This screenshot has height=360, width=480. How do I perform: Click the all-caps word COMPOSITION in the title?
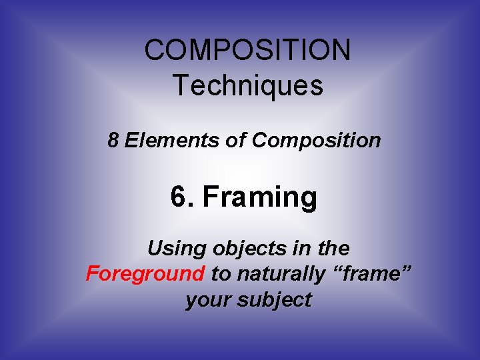tap(247, 51)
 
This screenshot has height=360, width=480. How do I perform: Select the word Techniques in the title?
tap(247, 85)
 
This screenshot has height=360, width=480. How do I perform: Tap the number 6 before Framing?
tap(179, 197)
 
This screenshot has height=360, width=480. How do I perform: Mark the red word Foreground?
tap(145, 274)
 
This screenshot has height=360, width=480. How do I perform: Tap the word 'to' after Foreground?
tap(220, 274)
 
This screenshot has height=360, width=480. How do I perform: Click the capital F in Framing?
tap(210, 197)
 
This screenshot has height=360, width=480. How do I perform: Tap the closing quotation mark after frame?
tap(405, 270)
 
